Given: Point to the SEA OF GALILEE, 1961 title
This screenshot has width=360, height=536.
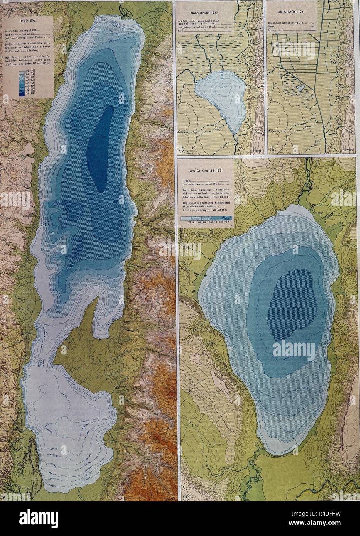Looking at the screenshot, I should tap(203, 169).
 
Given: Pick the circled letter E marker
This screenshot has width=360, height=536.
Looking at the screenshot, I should tap(273, 150).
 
